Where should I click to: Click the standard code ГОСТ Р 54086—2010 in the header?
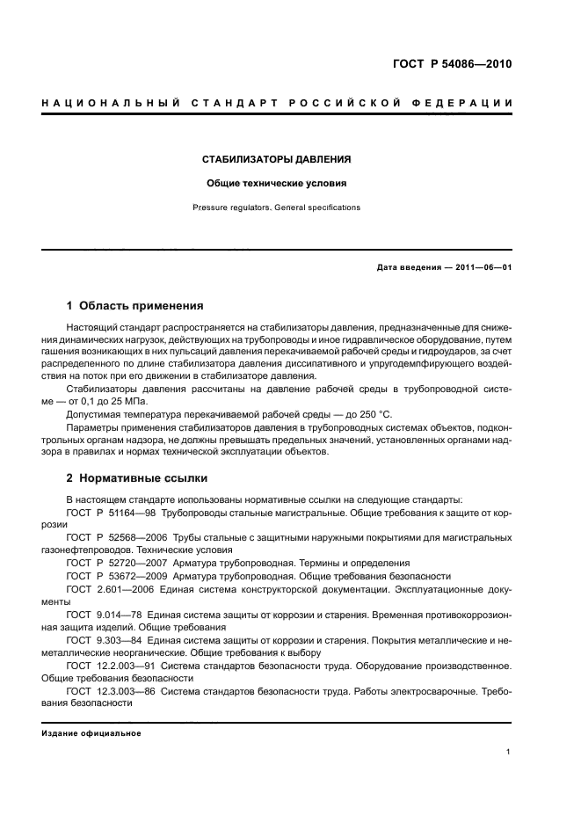(x=451, y=64)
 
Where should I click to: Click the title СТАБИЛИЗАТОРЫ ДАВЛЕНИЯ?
(x=277, y=160)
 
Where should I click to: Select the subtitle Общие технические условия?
(x=277, y=185)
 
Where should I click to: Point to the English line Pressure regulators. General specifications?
(x=277, y=208)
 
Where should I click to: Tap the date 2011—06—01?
(x=482, y=267)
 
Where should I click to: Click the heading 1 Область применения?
(x=135, y=307)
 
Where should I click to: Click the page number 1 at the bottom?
(x=509, y=752)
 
